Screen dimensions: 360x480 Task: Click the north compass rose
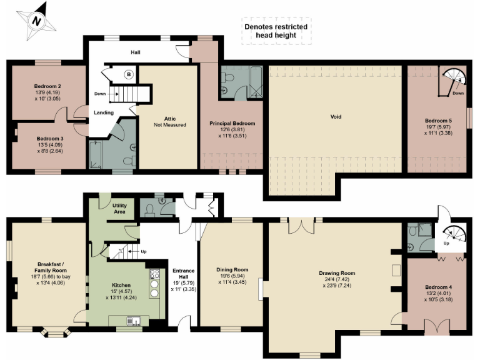(37, 19)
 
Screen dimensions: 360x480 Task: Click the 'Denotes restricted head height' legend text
(276, 31)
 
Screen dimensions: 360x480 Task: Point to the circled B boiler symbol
(129, 74)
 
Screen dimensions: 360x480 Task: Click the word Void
(336, 116)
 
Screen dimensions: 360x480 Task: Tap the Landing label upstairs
(103, 112)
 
